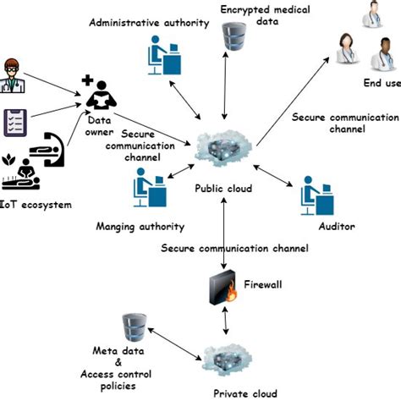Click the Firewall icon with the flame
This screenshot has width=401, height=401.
221,290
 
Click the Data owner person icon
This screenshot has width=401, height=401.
99,94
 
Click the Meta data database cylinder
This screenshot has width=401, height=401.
132,326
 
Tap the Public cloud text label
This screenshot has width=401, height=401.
223,188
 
